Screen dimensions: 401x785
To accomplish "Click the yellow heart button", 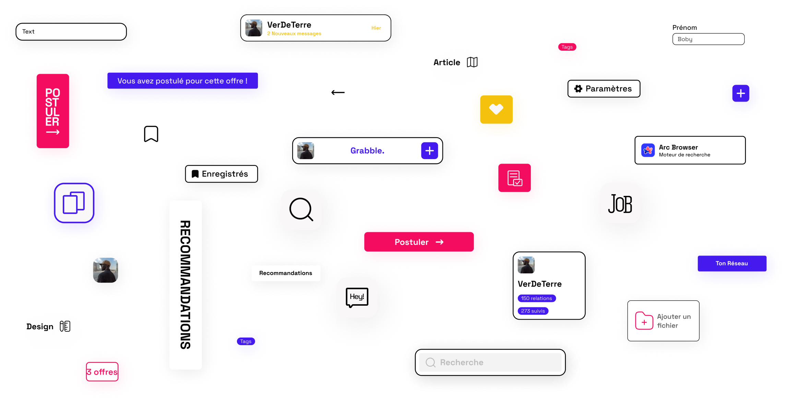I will pos(496,109).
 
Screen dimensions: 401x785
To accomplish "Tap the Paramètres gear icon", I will pos(578,89).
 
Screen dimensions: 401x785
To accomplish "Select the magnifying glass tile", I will pos(301,210).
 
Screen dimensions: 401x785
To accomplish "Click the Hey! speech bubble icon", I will pos(357,297).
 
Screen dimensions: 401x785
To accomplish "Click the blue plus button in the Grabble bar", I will pos(429,151).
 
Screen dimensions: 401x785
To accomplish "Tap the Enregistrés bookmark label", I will pos(221,174).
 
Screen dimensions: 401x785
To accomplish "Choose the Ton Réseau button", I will pos(732,263).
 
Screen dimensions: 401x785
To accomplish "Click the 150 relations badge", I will pos(536,298).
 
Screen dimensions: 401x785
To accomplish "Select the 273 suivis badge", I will pos(533,311).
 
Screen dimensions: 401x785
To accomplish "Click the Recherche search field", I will pos(490,362).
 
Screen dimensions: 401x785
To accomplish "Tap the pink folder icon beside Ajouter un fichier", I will pos(644,321).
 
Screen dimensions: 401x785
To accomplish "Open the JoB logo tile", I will pos(620,203).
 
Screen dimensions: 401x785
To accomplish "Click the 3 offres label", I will pos(102,372).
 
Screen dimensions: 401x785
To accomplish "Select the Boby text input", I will pos(708,39).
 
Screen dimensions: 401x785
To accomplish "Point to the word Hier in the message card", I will pos(376,28).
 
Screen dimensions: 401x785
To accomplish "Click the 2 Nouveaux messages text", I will pos(294,34).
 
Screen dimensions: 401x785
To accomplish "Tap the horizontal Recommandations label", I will pos(286,273).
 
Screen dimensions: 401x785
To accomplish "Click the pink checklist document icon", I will pos(515,178).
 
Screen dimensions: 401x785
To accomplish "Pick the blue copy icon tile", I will pos(74,203).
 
